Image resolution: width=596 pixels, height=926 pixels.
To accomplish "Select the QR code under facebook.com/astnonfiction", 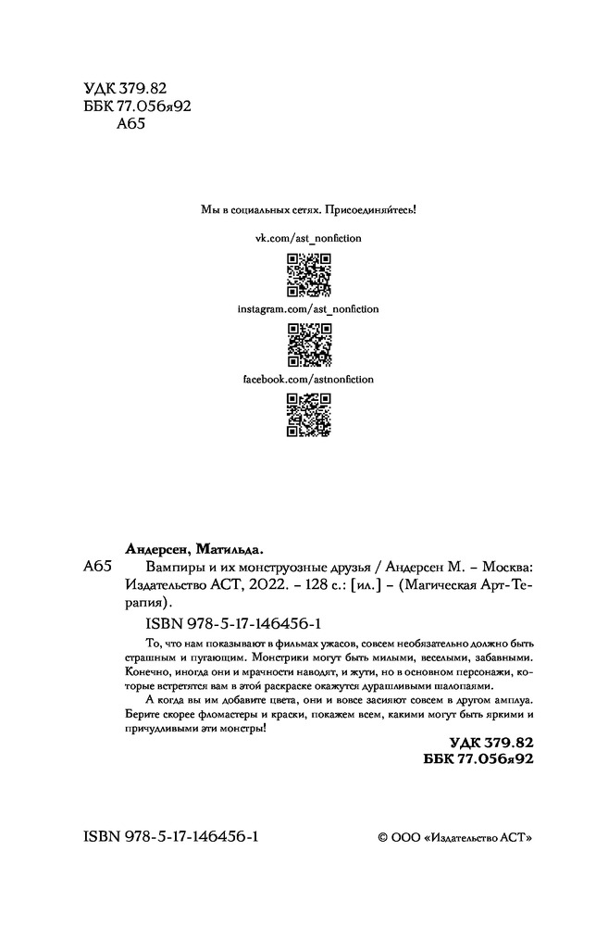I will coord(308,414).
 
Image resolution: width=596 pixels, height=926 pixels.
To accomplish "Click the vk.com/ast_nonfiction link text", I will coord(308,238).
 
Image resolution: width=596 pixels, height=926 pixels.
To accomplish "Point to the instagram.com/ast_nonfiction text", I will coord(308,308).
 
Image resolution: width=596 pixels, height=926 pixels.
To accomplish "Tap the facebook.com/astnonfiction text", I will coord(308,380).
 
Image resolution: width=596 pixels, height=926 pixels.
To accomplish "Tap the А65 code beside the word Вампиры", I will coord(97,567).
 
